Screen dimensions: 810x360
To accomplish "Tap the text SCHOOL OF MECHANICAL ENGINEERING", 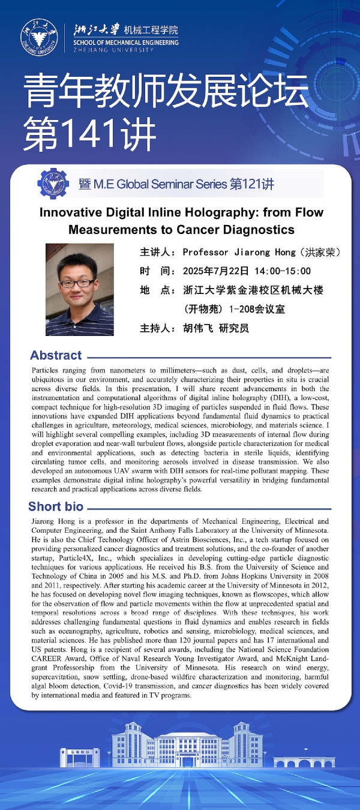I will (126, 43).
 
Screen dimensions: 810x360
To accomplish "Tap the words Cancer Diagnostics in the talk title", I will (235, 230).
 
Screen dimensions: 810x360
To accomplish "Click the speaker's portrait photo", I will (79, 289).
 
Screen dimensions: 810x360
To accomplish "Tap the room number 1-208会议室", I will (257, 310).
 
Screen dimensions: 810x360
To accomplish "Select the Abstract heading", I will (56, 355).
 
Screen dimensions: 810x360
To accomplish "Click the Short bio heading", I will (56, 506).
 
